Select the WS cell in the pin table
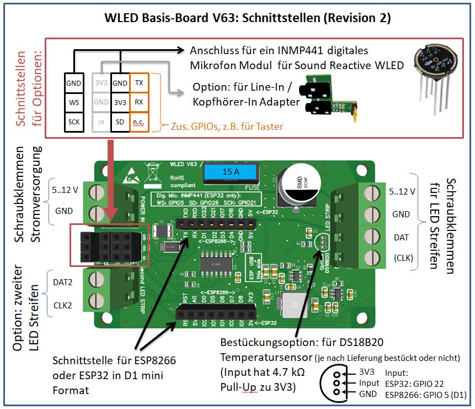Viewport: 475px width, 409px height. coord(74,102)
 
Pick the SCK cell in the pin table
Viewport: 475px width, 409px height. coord(74,121)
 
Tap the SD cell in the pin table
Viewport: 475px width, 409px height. coord(119,121)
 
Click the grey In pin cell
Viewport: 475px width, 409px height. coord(100,121)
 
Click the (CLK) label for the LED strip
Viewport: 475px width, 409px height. coord(404,257)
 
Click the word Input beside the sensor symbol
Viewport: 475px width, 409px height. coord(369,383)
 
